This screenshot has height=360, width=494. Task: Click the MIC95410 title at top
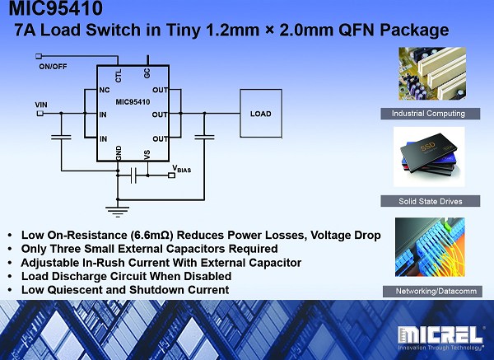[x=55, y=8]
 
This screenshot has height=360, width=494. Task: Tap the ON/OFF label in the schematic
[x=53, y=67]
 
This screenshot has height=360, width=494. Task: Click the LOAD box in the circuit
[x=261, y=114]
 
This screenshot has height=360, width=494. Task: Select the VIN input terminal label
[x=41, y=105]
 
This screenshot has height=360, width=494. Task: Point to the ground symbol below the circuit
[x=118, y=212]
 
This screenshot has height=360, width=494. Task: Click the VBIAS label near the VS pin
[x=182, y=169]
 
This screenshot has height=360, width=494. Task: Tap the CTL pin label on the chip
[x=118, y=76]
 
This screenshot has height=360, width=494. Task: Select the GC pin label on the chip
[x=147, y=73]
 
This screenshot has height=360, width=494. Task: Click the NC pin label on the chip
[x=105, y=90]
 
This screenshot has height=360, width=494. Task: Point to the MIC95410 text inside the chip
[x=133, y=102]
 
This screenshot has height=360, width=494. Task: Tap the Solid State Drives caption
[x=431, y=201]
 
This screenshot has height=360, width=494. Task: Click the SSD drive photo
[x=429, y=157]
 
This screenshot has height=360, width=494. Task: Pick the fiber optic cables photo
[x=430, y=247]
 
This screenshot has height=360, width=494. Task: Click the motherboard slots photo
[x=432, y=73]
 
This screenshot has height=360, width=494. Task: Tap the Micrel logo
[x=440, y=339]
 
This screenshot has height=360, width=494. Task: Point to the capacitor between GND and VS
[x=133, y=175]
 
